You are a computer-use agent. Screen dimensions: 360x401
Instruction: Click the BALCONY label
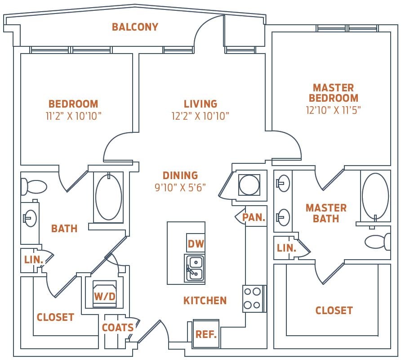[135, 27]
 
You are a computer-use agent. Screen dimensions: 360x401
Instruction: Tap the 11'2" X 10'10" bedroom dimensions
[73, 116]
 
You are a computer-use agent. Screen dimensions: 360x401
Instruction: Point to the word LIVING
[200, 104]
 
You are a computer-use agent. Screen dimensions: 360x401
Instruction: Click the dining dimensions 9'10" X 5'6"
[180, 187]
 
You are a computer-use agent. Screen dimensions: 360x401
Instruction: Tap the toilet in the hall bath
[34, 186]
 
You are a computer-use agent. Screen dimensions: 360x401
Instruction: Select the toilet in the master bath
[377, 242]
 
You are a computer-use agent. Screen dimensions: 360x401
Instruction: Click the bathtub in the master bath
[375, 196]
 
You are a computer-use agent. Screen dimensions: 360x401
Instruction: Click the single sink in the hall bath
[30, 218]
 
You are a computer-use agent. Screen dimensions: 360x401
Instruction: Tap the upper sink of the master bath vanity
[283, 182]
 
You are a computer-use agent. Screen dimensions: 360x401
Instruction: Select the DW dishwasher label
[196, 244]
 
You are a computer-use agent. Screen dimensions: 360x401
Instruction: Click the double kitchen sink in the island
[195, 268]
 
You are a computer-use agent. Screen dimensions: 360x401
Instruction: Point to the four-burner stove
[252, 298]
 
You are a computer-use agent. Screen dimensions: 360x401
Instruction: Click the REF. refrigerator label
[206, 334]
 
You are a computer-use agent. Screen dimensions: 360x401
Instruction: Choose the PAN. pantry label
[254, 217]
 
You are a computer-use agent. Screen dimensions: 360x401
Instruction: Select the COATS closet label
[117, 328]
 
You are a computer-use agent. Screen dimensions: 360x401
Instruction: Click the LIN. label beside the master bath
[286, 248]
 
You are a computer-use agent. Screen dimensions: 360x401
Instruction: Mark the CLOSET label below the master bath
[334, 310]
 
